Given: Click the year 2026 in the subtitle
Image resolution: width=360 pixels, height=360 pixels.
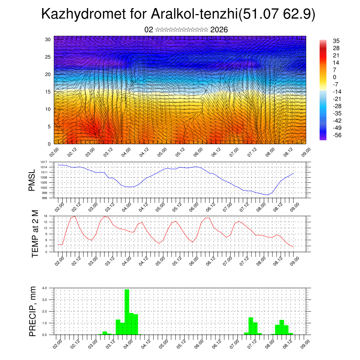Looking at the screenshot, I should (x=219, y=30).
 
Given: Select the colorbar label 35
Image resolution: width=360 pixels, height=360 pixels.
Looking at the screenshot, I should (x=336, y=41).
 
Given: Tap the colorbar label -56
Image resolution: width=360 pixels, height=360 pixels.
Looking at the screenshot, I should (x=337, y=135).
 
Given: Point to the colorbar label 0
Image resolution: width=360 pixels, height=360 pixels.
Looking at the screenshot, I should (x=335, y=77).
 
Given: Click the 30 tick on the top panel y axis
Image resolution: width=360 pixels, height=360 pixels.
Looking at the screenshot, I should (x=48, y=39).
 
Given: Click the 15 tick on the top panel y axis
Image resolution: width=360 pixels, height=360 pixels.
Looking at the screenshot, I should (x=48, y=92).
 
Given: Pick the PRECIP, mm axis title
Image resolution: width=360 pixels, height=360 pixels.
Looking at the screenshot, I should (x=33, y=311).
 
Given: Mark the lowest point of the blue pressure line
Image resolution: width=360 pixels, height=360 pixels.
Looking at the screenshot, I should (x=268, y=195).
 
